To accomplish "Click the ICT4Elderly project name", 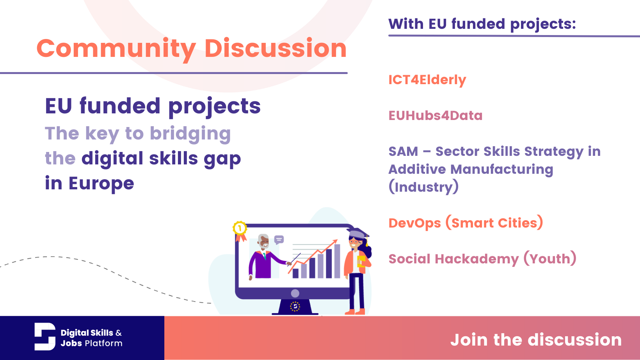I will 427,80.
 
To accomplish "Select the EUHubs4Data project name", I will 435,116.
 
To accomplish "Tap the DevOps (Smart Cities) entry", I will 465,223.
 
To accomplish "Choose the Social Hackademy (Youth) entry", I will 482,259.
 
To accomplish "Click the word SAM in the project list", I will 403,152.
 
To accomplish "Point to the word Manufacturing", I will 501,169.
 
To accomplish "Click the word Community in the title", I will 116,49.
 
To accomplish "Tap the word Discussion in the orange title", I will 275,49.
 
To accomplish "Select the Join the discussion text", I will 535,340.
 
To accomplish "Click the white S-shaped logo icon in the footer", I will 45,337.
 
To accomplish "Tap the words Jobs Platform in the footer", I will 91,343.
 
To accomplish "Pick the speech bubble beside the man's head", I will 279,239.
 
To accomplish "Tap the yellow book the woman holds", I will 361,261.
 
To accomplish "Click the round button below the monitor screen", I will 295,293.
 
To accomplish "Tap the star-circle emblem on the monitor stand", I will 295,307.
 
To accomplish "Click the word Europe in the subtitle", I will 101,184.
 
